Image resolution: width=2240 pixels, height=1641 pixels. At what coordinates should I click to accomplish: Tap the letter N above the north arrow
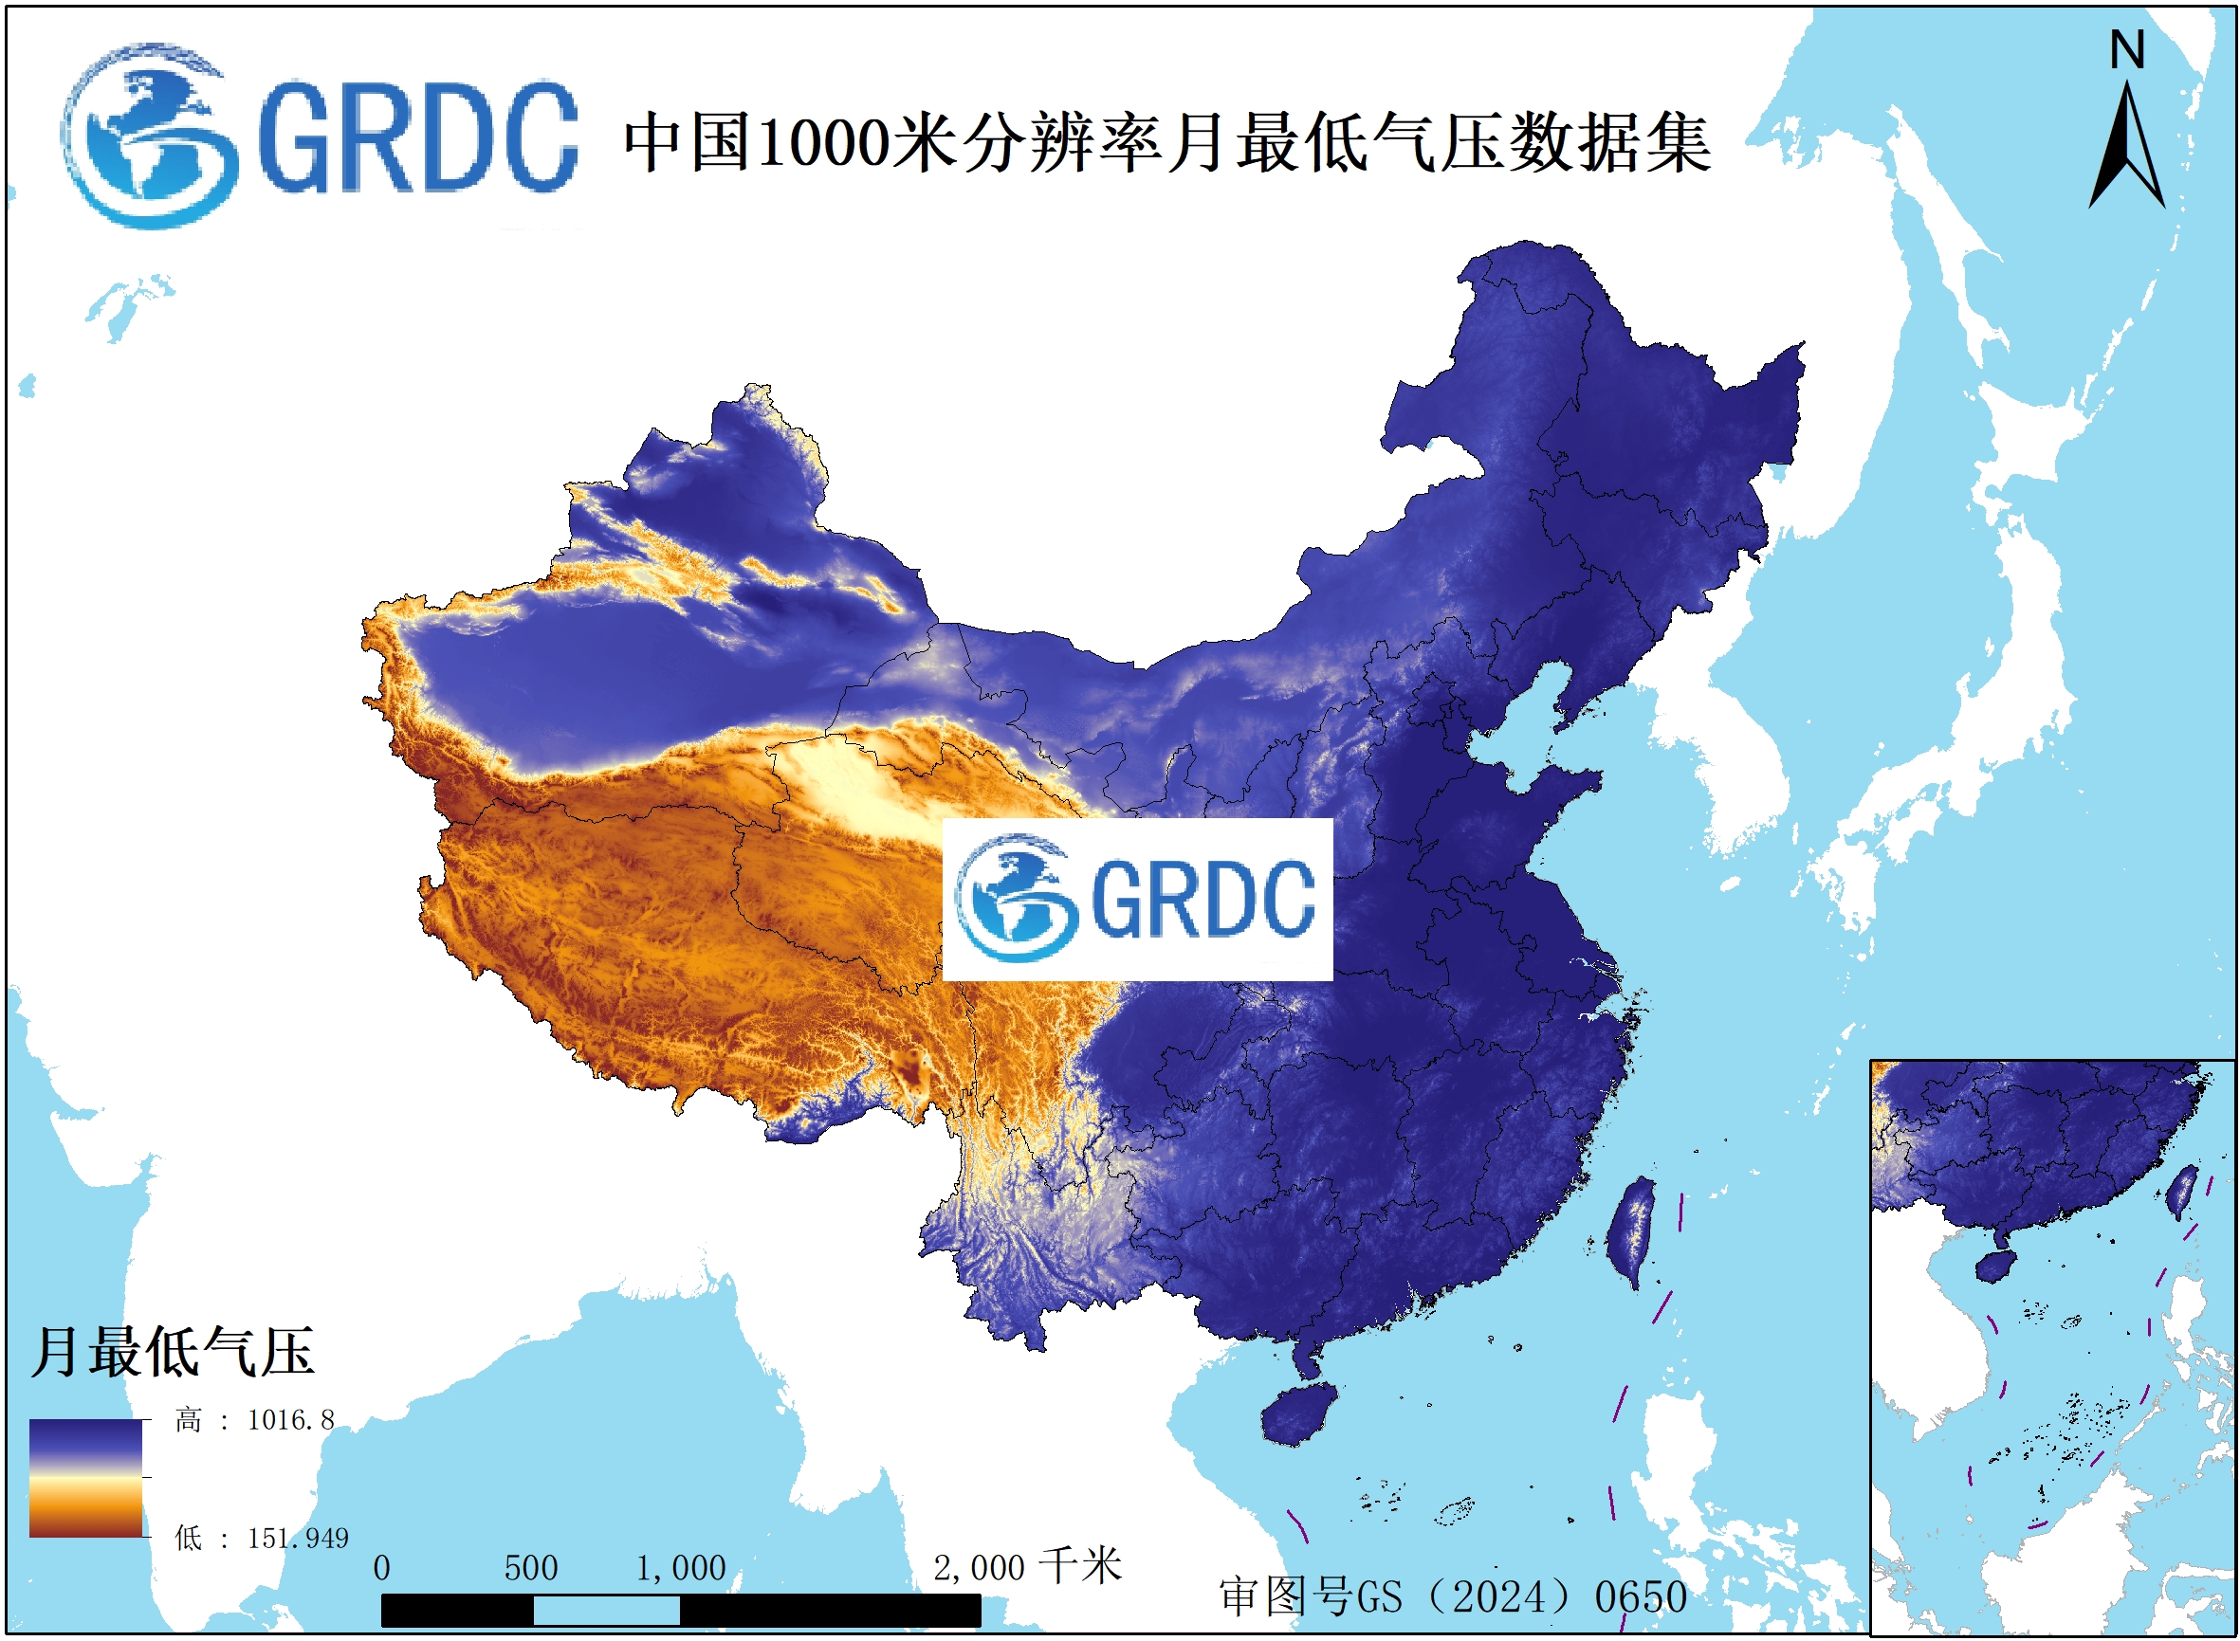click(x=2127, y=49)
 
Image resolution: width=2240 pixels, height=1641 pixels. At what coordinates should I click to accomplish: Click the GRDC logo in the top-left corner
click(x=318, y=137)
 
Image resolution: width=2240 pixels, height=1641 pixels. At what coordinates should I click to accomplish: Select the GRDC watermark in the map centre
click(x=1136, y=899)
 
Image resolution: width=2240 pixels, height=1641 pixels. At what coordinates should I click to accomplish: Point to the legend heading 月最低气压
click(x=172, y=1352)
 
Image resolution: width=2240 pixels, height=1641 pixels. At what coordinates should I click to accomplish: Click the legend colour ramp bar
click(x=85, y=1478)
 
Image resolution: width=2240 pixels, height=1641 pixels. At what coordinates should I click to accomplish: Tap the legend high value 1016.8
click(x=290, y=1420)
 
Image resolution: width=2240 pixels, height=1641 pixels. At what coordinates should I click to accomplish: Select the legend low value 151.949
click(x=297, y=1539)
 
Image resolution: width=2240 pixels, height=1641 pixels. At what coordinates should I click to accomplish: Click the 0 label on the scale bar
click(x=381, y=1569)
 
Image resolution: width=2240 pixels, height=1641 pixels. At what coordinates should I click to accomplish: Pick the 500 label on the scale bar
click(x=531, y=1569)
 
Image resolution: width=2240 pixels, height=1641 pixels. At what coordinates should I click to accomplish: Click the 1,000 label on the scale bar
click(x=681, y=1569)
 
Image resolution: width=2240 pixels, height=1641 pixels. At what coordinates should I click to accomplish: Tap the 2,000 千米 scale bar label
click(x=1026, y=1567)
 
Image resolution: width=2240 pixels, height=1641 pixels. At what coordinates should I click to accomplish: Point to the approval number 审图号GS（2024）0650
click(x=1452, y=1597)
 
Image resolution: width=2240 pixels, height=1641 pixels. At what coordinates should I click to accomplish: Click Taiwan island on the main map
click(x=1631, y=1231)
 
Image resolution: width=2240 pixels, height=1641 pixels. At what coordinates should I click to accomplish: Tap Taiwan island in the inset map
click(x=2181, y=1191)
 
